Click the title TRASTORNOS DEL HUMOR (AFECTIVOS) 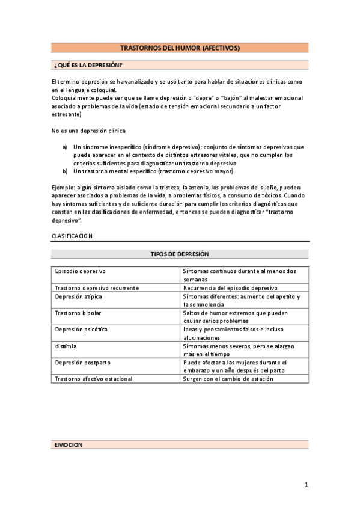coord(180,48)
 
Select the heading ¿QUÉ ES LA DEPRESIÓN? coord(88,65)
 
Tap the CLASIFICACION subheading coord(72,236)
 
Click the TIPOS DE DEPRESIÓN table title coord(180,254)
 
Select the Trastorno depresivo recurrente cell coord(97,288)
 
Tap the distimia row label coord(66,347)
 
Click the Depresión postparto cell coord(83,363)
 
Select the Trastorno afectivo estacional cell coord(93,379)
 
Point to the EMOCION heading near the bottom coord(68,445)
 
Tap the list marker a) coord(65,147)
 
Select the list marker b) coord(65,171)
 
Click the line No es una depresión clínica coord(88,131)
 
